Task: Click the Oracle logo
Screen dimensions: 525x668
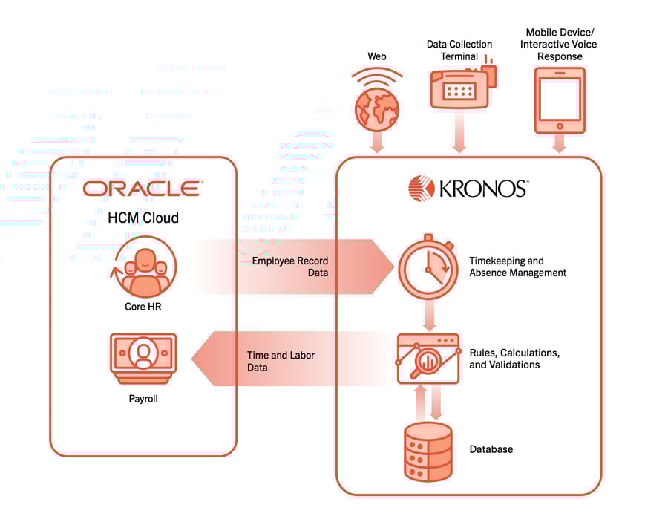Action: coord(142,188)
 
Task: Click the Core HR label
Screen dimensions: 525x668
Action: coord(143,306)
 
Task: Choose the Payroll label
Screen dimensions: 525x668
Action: coord(143,399)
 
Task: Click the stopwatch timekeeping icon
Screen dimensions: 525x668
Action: coord(428,265)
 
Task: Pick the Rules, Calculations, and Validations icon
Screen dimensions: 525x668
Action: coord(428,359)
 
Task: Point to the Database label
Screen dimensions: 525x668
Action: coord(491,449)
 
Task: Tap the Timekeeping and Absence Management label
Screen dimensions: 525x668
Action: coord(517,267)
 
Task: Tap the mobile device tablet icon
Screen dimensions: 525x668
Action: coord(559,100)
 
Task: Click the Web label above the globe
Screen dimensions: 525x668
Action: coord(378,56)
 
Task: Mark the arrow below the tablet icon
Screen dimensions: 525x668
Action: coord(559,144)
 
